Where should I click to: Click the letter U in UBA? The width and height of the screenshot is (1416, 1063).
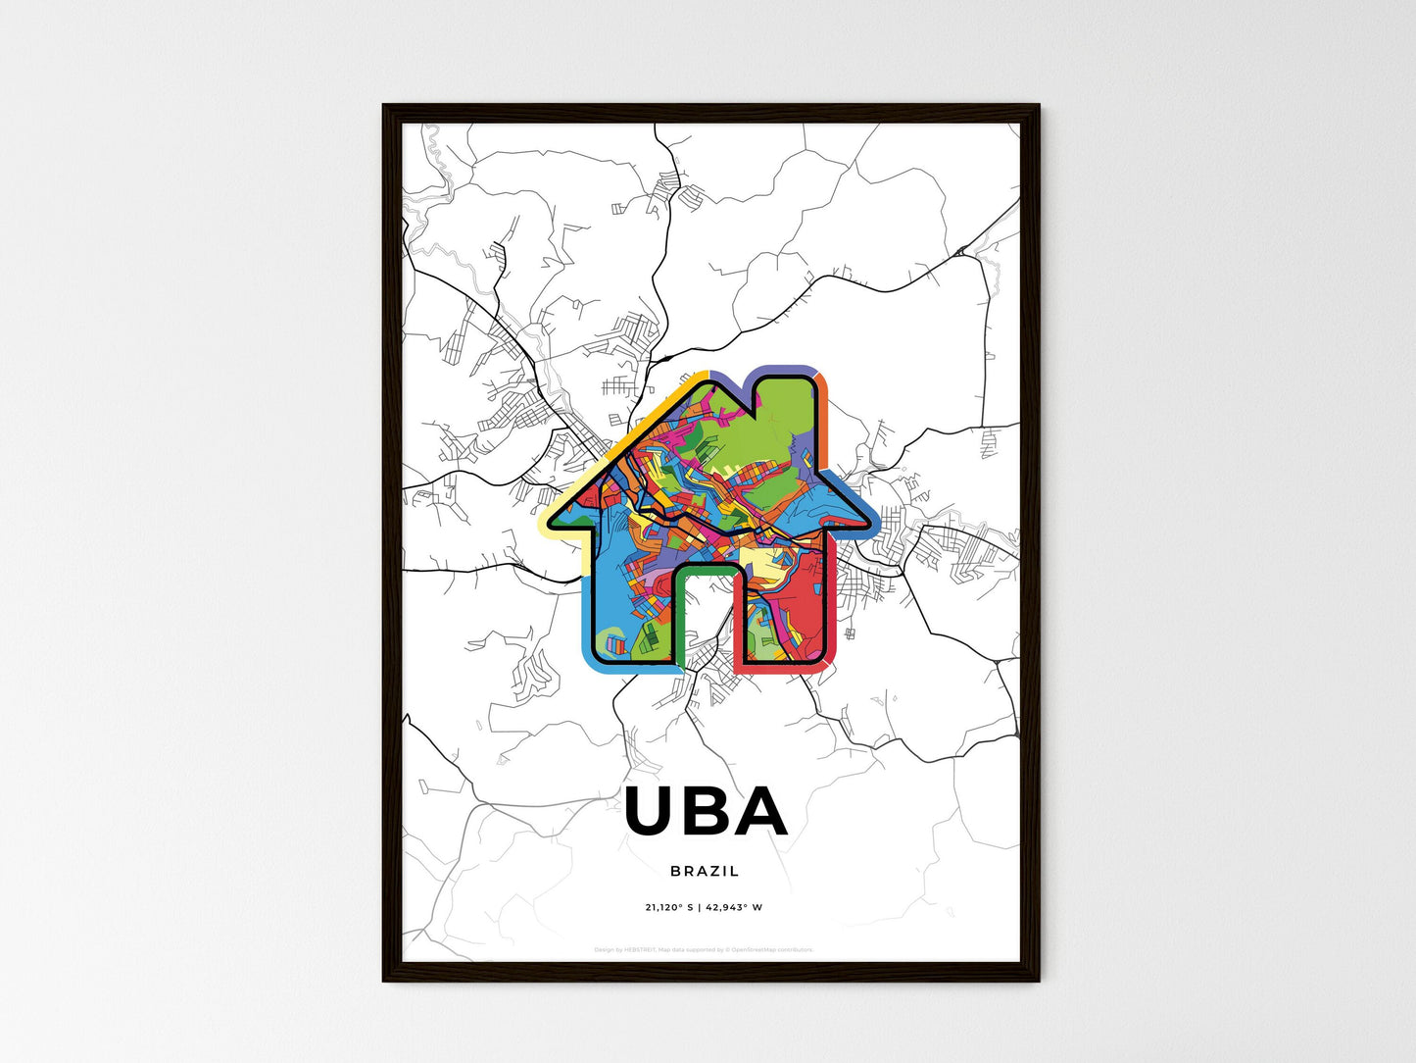click(x=654, y=811)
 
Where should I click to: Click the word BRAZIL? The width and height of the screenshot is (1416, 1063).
click(x=706, y=871)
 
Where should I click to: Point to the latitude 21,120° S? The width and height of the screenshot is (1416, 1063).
click(x=668, y=907)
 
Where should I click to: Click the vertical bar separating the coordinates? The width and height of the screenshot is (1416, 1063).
click(x=699, y=907)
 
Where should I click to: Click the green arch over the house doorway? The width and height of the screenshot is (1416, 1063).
click(x=707, y=569)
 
